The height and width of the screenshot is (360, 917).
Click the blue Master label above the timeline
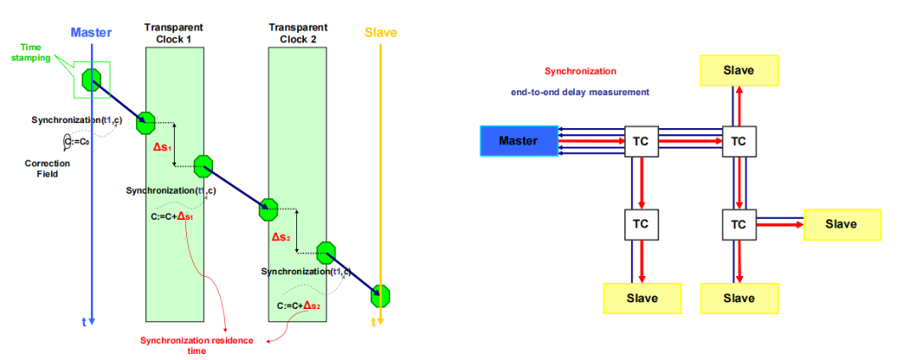click(x=91, y=32)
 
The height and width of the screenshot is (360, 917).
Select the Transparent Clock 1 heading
click(x=174, y=31)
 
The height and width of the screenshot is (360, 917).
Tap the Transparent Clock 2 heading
click(x=297, y=31)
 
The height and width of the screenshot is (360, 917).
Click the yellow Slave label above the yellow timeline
click(x=380, y=33)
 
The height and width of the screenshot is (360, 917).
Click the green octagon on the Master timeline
click(x=91, y=80)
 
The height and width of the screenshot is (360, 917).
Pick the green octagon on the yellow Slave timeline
click(x=380, y=295)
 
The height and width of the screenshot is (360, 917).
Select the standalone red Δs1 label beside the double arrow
click(x=161, y=147)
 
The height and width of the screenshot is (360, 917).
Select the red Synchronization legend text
click(x=580, y=72)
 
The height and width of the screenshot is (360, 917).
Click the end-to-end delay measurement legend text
click(x=580, y=92)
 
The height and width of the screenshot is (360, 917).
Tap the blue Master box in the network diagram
click(x=518, y=141)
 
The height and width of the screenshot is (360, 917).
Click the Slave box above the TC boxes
click(x=738, y=70)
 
